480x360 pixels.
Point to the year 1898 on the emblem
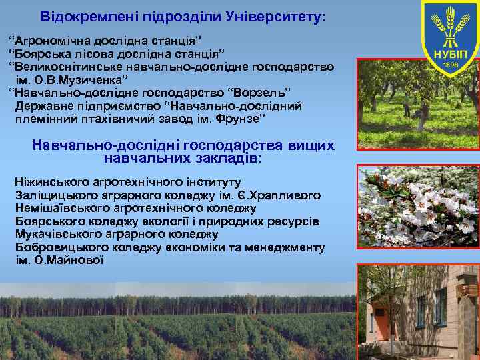coord(451,65)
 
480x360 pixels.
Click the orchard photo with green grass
coord(419,103)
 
